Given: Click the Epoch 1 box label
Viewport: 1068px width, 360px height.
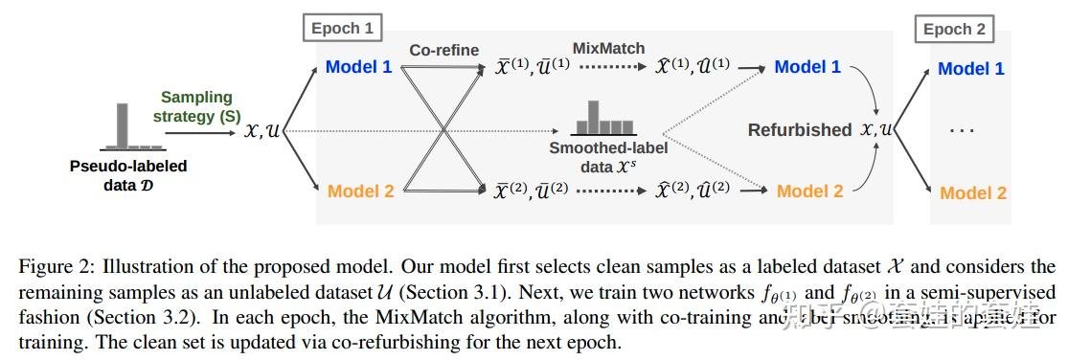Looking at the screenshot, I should click(342, 28).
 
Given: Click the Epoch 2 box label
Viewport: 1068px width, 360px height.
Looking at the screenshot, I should click(954, 30).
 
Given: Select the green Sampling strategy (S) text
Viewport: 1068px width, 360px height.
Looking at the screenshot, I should click(196, 106).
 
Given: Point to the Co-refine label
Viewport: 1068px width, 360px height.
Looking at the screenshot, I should click(444, 50).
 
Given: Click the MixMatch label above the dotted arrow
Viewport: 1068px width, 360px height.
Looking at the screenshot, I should click(609, 48).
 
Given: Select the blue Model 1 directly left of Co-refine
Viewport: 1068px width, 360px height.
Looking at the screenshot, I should click(359, 67).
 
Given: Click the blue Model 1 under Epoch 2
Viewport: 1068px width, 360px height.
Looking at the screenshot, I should click(971, 69).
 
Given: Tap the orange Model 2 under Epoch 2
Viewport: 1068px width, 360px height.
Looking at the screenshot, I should click(973, 192).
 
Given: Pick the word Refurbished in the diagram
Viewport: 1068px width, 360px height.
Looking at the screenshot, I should click(799, 129).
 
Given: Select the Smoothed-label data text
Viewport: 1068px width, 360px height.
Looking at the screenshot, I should click(608, 157).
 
